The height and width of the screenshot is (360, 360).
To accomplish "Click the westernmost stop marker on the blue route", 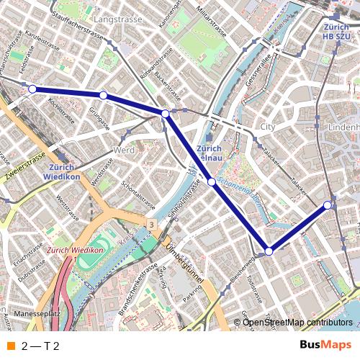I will point(32,89).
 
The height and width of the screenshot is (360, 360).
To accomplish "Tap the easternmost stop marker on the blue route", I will point(328,205).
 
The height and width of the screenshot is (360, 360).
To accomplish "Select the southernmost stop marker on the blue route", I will point(269,251).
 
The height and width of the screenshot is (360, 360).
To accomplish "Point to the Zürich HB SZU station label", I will point(337,30).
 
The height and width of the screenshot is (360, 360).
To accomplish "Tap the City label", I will point(268,126).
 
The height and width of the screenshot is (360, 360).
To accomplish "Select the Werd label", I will point(125,150).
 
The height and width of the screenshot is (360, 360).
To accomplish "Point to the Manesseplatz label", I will point(37,314).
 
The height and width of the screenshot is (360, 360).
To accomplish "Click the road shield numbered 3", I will point(151,226).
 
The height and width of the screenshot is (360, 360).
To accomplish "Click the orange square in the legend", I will point(11,346).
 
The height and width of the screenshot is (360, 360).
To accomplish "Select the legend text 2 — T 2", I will point(40,346).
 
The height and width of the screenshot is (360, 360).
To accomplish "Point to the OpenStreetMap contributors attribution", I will point(297,323).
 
